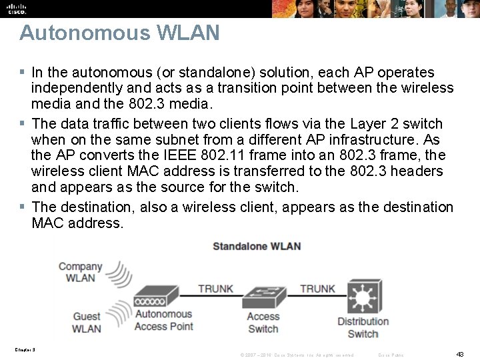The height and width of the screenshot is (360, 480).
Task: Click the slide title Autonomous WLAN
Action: (x=119, y=33)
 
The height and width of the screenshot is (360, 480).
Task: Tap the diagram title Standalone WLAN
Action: (x=257, y=246)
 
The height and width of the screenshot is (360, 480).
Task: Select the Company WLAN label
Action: (x=80, y=272)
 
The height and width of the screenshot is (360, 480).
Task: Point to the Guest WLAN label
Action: (x=87, y=323)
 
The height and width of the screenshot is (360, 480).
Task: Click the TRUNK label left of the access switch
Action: (x=215, y=289)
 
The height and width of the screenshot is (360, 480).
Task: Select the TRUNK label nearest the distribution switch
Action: (x=317, y=289)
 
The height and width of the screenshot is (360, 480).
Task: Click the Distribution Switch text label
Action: (x=363, y=327)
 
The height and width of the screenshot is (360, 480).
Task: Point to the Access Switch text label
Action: (x=263, y=323)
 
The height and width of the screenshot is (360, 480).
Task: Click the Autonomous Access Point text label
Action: (x=163, y=320)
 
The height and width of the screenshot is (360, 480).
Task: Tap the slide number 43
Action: (x=459, y=354)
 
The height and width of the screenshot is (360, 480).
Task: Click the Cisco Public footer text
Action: (x=391, y=355)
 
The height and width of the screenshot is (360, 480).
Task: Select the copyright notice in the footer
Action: (x=297, y=355)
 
